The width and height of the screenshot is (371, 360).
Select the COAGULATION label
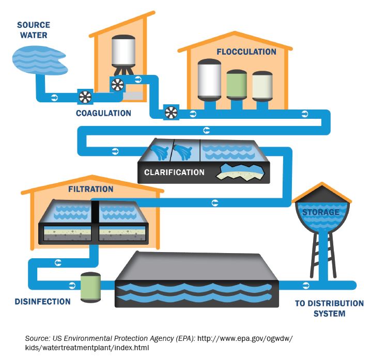[103, 113]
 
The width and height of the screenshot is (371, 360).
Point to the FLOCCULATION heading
[246, 52]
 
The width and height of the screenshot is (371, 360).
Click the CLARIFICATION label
[174, 173]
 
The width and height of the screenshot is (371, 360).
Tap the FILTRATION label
[90, 189]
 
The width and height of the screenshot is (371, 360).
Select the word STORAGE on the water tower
[320, 212]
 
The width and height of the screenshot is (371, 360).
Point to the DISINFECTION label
[42, 302]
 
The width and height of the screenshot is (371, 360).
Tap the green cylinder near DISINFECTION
[90, 288]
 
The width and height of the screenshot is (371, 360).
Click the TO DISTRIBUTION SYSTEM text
[329, 308]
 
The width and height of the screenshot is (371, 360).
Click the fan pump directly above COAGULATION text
[85, 97]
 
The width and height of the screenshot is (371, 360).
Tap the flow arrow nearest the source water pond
[54, 97]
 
